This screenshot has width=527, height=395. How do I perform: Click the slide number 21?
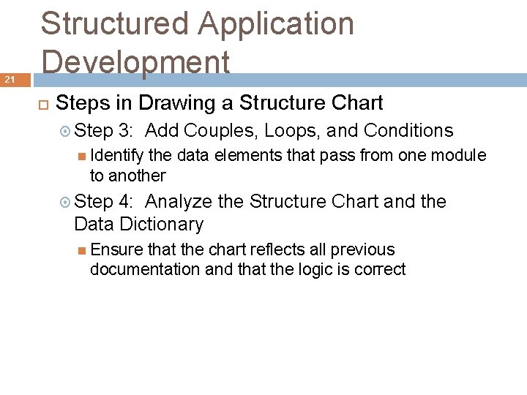coord(10,79)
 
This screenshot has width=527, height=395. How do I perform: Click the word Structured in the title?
coord(113,24)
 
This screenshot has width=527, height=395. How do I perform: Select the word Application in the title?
coord(276,24)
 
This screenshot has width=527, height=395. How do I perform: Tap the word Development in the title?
coord(135,61)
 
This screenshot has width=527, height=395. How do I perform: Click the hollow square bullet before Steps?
coord(43,103)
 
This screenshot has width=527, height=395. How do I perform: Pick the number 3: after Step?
coord(124,131)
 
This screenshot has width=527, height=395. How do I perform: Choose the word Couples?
coord(220,131)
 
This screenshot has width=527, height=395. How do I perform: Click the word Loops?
coord(292,131)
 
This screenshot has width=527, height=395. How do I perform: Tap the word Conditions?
coord(408,131)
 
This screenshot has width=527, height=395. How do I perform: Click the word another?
coord(138,176)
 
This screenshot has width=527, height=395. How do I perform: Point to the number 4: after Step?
coord(124,201)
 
